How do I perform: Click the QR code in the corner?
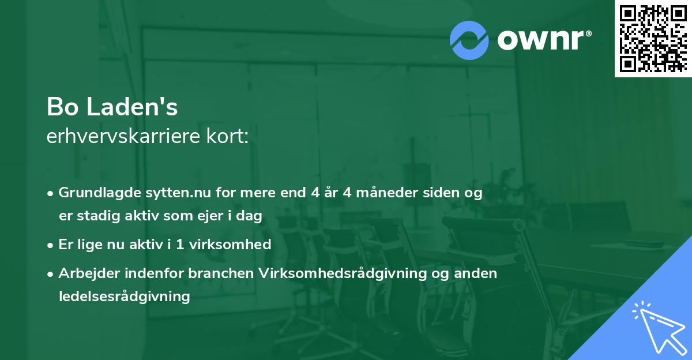pos(652,39)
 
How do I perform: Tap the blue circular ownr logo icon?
pos(469,40)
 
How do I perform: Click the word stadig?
pos(96,216)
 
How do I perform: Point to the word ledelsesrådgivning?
pos(124,297)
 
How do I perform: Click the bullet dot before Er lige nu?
pos(51,245)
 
